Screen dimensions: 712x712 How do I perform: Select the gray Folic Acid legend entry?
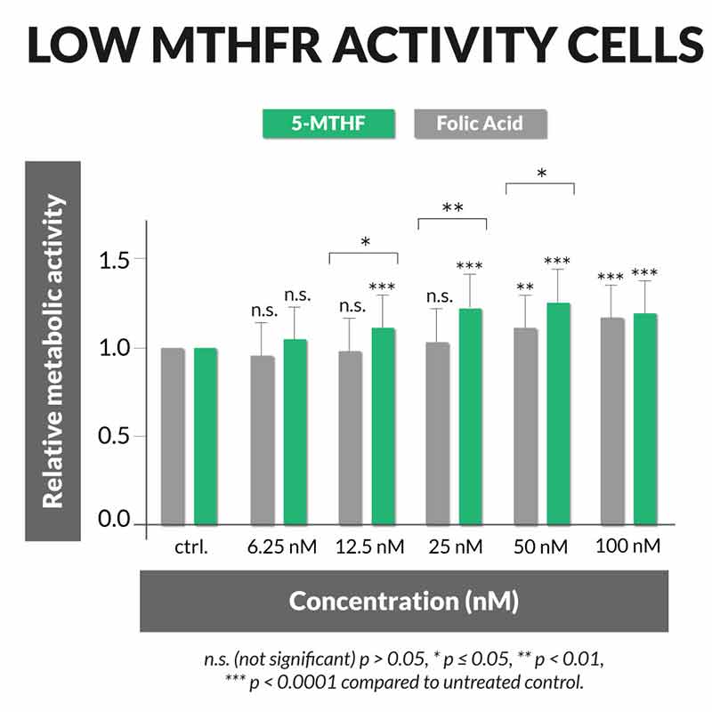(481, 123)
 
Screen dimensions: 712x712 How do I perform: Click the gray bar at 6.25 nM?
(263, 441)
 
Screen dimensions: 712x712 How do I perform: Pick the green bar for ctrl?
(206, 436)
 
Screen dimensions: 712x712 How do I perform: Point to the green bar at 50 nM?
(559, 414)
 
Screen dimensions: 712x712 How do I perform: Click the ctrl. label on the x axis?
(190, 546)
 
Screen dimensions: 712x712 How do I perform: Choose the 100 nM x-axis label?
(629, 546)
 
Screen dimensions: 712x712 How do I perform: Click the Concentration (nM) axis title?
(403, 601)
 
